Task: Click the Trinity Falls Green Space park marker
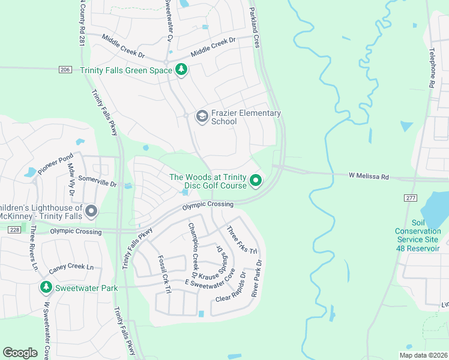click(x=181, y=70)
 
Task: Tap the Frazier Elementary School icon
click(x=202, y=117)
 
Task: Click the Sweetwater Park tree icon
click(x=46, y=288)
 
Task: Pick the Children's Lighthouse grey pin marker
click(x=91, y=211)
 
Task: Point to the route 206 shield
click(x=65, y=70)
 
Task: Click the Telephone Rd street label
click(x=432, y=69)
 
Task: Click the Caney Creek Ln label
click(x=71, y=268)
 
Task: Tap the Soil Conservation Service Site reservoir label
click(x=417, y=239)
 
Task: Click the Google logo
click(x=20, y=352)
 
